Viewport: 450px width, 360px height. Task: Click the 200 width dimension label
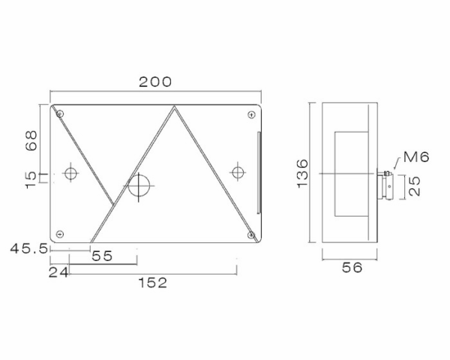tap(155, 82)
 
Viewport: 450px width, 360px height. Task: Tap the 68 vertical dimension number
tap(31, 140)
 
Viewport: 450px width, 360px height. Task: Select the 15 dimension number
tap(31, 180)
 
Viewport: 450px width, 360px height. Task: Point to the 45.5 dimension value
tap(28, 248)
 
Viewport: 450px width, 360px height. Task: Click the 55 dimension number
tap(102, 256)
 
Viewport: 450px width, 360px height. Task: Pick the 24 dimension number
tap(58, 272)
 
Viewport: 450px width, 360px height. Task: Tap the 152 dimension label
tap(153, 283)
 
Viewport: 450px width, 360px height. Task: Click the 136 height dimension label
tap(302, 173)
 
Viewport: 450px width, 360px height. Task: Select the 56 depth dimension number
tap(352, 268)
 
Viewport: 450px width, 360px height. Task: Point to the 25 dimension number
tap(414, 186)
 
